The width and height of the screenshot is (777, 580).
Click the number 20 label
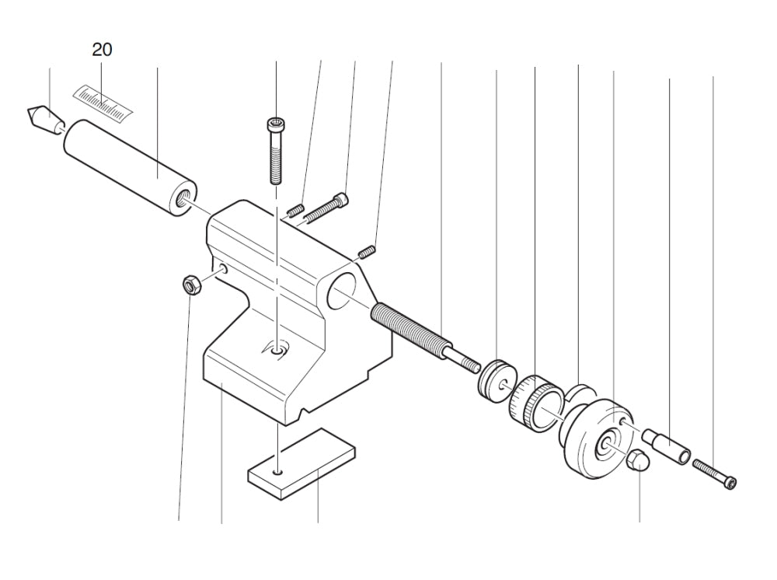pyautogui.click(x=102, y=50)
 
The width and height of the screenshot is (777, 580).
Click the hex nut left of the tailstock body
pyautogui.click(x=190, y=285)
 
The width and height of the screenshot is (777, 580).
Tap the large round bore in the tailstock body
pyautogui.click(x=341, y=294)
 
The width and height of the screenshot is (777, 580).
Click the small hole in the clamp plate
pyautogui.click(x=277, y=471)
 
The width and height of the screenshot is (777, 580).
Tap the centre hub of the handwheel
pyautogui.click(x=605, y=446)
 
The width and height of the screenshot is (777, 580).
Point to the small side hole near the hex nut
pyautogui.click(x=223, y=268)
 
